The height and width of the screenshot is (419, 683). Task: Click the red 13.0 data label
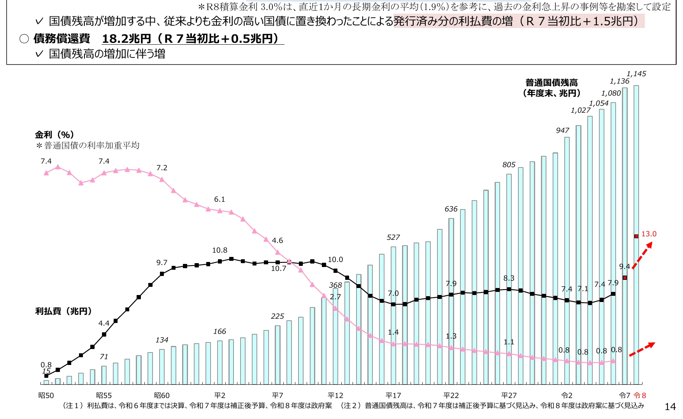[649, 234]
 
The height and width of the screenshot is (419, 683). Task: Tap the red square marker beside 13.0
[636, 236]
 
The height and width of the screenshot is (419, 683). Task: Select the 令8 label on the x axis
[640, 395]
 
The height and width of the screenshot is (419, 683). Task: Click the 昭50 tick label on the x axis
[46, 395]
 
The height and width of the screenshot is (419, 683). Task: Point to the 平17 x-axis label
[393, 395]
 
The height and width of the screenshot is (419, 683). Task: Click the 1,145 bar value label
[636, 73]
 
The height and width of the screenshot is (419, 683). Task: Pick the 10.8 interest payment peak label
[219, 250]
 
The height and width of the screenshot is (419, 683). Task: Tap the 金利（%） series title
[54, 134]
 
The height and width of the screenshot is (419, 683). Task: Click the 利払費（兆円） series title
[63, 311]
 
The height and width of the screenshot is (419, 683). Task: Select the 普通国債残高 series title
[551, 82]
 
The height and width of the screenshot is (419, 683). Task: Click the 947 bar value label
[562, 130]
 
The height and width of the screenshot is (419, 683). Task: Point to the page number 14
[670, 407]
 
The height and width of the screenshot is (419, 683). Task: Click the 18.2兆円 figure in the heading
[126, 38]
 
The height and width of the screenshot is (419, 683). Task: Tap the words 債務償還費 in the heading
[61, 38]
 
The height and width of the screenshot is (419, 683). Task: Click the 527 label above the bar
[393, 237]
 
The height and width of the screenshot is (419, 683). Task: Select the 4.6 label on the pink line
[277, 240]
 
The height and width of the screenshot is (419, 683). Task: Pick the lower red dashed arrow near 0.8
[642, 349]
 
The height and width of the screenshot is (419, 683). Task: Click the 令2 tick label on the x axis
[567, 395]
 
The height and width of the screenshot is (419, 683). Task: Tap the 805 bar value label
[509, 164]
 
